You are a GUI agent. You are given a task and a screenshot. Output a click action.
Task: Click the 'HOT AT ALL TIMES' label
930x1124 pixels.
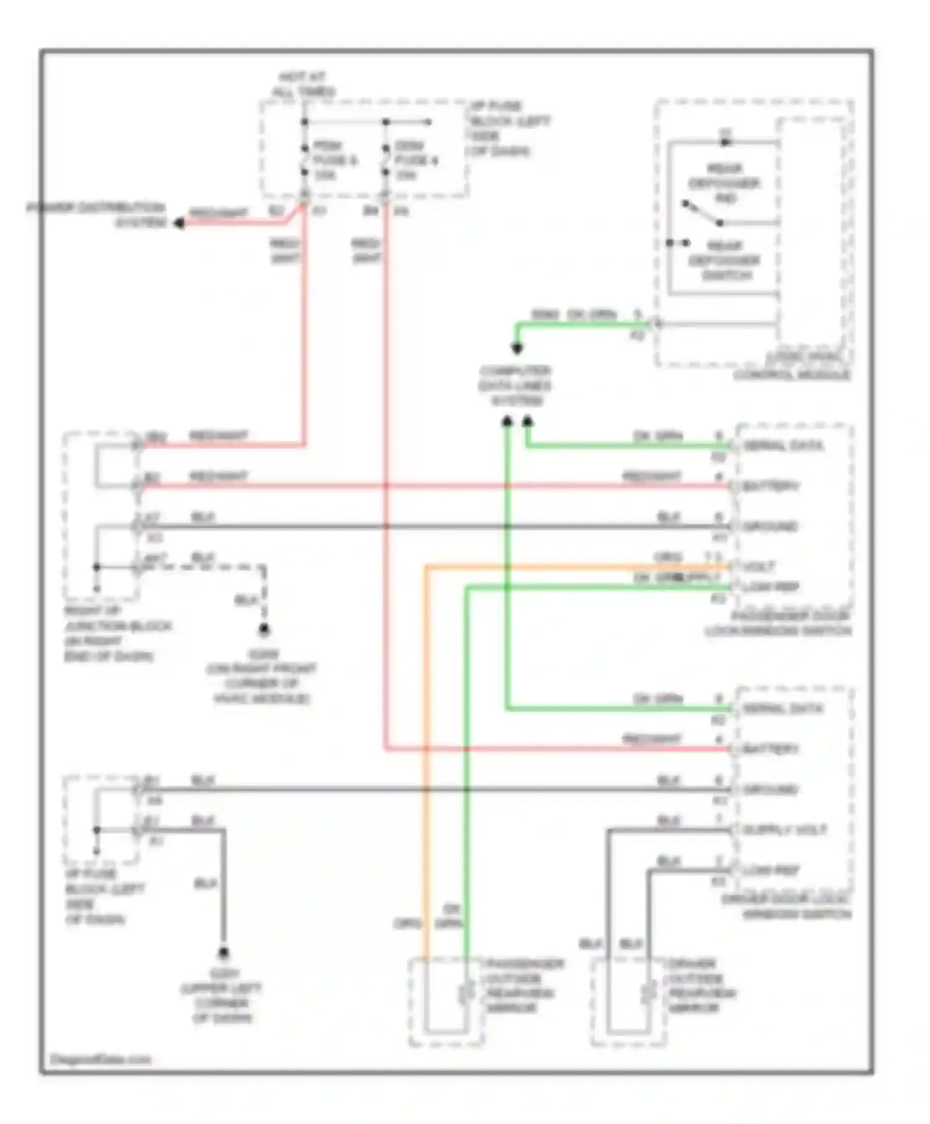[303, 85]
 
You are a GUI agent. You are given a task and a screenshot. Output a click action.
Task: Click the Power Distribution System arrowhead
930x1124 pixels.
[179, 223]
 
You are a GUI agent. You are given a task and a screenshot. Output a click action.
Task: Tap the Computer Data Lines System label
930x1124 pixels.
[515, 386]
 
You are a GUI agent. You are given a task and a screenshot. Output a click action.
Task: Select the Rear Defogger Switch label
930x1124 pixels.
[724, 260]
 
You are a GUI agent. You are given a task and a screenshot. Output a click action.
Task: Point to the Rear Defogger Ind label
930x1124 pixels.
[724, 183]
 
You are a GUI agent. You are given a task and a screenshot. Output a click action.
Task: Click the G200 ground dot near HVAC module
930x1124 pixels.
[264, 630]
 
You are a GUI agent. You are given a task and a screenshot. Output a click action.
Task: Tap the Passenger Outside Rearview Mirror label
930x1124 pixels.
[525, 986]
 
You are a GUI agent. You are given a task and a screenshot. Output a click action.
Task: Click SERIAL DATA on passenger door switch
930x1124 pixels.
[783, 446]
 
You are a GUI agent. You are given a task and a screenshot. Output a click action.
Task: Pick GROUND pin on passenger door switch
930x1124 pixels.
[770, 527]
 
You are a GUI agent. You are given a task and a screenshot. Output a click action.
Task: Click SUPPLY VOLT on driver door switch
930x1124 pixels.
[784, 830]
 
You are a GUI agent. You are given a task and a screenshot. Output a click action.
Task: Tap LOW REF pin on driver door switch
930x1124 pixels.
[771, 870]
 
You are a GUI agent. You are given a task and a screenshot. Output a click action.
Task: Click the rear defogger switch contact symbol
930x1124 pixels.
[702, 213]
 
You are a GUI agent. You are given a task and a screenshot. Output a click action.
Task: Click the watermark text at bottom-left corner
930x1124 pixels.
[99, 1059]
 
